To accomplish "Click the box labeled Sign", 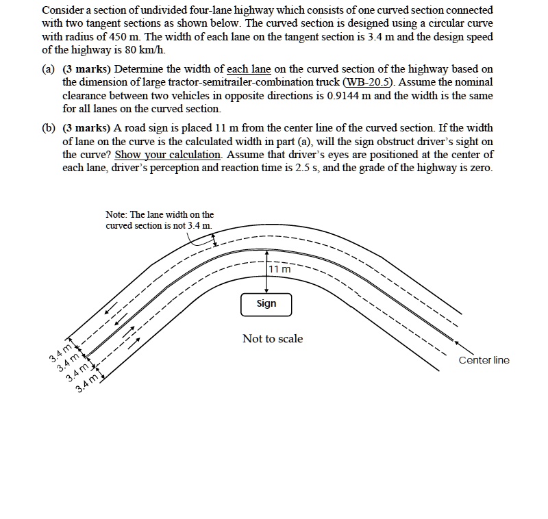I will point(266,304).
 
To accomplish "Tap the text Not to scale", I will point(272,339).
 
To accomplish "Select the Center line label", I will point(484,360).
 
